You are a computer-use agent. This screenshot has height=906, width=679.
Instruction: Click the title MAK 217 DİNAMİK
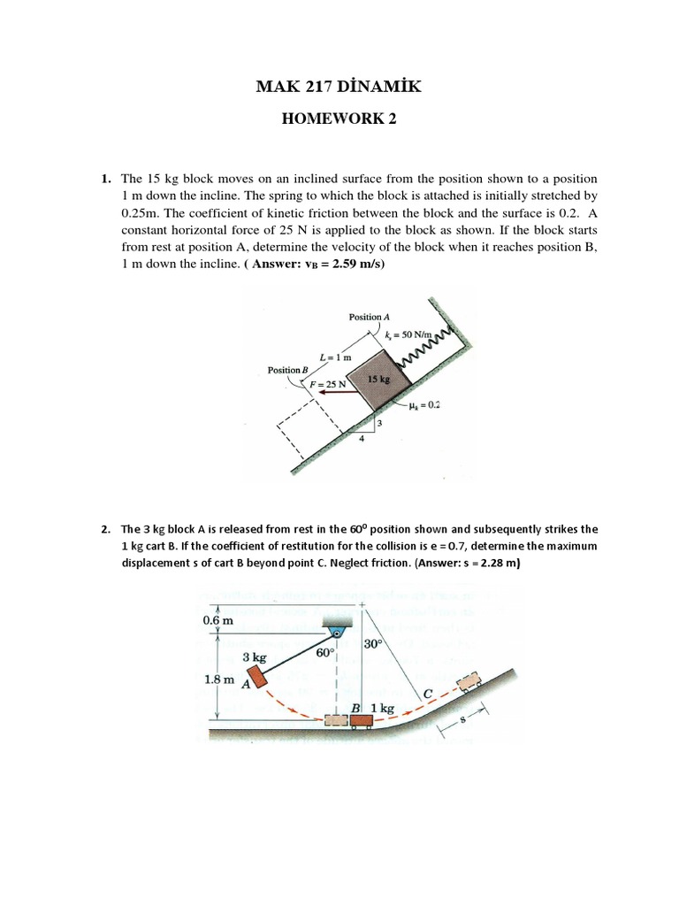click(339, 86)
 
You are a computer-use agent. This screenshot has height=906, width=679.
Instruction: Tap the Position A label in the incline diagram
click(365, 316)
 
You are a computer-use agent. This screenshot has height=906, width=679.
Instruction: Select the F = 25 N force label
click(327, 385)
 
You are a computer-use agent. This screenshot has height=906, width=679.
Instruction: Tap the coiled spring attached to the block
click(430, 347)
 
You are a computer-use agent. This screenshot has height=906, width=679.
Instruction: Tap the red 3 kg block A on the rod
click(257, 677)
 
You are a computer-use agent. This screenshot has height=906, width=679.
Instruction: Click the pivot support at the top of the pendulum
click(338, 631)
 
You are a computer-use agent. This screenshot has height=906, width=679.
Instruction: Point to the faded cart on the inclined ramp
click(469, 680)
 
